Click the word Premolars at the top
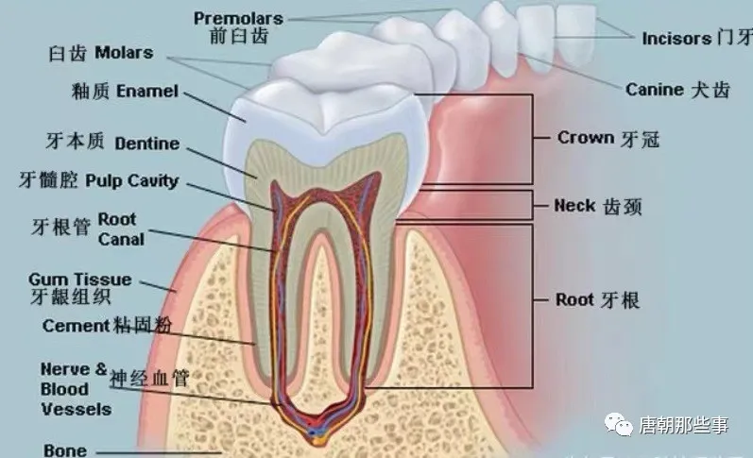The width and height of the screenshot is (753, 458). [238, 18]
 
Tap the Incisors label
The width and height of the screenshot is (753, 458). [676, 39]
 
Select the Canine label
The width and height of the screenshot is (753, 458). [654, 90]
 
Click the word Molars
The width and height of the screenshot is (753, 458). [123, 54]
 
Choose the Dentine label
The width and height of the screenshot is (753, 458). [146, 144]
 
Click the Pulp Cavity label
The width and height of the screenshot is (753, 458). [131, 179]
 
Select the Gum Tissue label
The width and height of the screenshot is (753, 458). [80, 280]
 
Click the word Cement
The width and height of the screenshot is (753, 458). [75, 326]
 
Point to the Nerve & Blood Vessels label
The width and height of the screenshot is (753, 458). [75, 389]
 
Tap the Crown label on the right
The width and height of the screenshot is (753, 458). [586, 138]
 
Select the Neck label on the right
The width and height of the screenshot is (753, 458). [574, 206]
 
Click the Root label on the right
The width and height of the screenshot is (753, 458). [575, 300]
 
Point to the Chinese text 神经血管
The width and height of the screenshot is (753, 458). [149, 379]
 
